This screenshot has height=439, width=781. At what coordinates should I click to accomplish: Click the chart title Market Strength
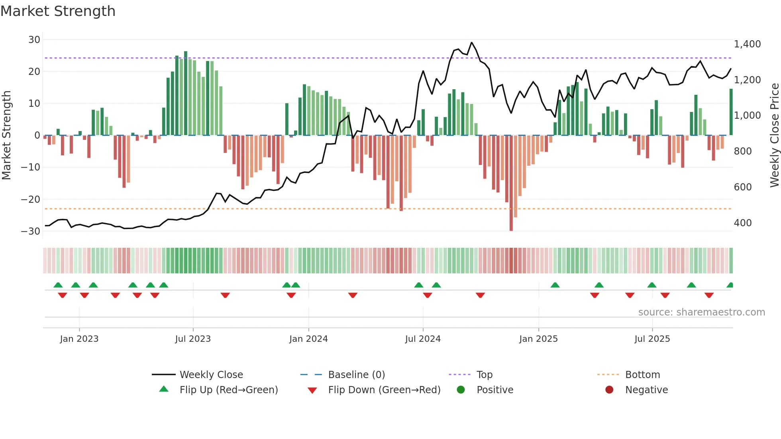click(x=58, y=11)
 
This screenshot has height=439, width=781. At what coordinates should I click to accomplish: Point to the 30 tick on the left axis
click(x=34, y=40)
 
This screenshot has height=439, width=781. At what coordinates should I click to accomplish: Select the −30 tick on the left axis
click(x=31, y=231)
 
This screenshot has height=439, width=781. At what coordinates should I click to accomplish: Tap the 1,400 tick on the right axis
click(x=747, y=44)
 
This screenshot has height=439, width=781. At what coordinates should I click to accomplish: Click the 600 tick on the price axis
click(x=742, y=187)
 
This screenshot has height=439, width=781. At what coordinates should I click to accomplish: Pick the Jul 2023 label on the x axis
click(x=193, y=339)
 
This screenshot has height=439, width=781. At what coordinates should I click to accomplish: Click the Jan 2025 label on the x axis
click(x=538, y=339)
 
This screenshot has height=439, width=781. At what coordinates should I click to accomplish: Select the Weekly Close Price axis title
click(x=774, y=135)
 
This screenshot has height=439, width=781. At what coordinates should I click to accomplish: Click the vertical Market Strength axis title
click(x=6, y=135)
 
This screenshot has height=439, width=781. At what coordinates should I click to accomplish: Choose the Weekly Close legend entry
click(x=211, y=375)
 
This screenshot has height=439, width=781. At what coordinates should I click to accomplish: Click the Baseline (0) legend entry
click(x=356, y=375)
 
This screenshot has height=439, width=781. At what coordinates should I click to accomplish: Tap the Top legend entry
click(x=485, y=375)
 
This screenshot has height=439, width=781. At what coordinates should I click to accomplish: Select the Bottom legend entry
click(x=642, y=375)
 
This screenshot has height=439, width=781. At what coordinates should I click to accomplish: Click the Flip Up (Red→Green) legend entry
click(x=228, y=390)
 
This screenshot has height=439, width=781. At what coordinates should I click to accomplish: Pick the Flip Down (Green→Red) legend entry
click(x=384, y=390)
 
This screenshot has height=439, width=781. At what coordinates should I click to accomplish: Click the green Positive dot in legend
click(x=461, y=390)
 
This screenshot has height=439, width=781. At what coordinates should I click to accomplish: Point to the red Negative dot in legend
click(x=609, y=390)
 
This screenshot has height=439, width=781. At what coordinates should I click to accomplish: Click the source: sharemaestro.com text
click(x=701, y=312)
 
